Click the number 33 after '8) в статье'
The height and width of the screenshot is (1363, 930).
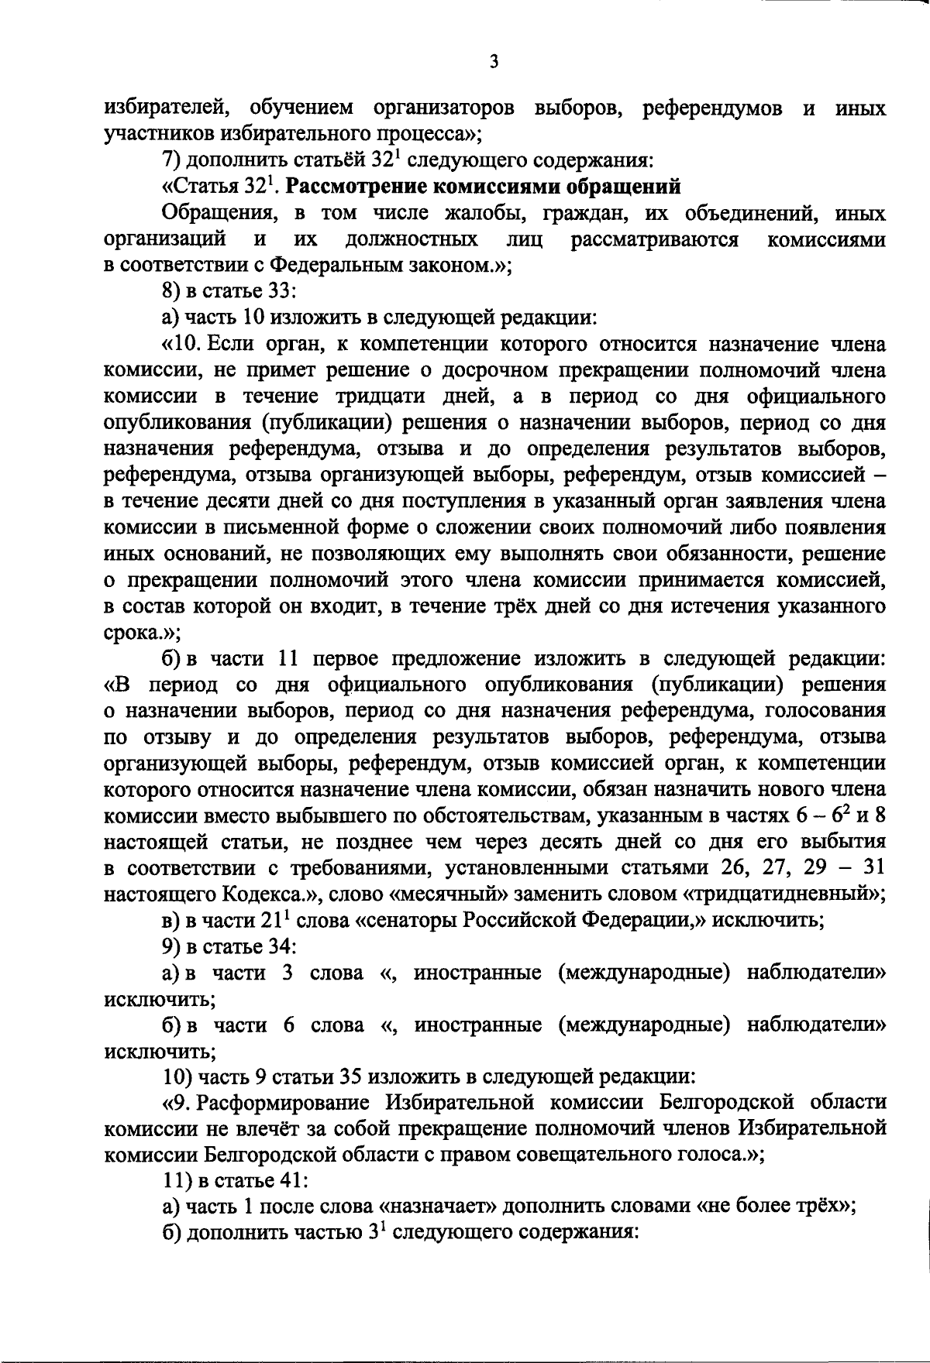click(281, 291)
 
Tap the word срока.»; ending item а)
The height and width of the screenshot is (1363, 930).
click(142, 633)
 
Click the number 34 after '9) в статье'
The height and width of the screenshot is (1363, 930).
click(281, 946)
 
